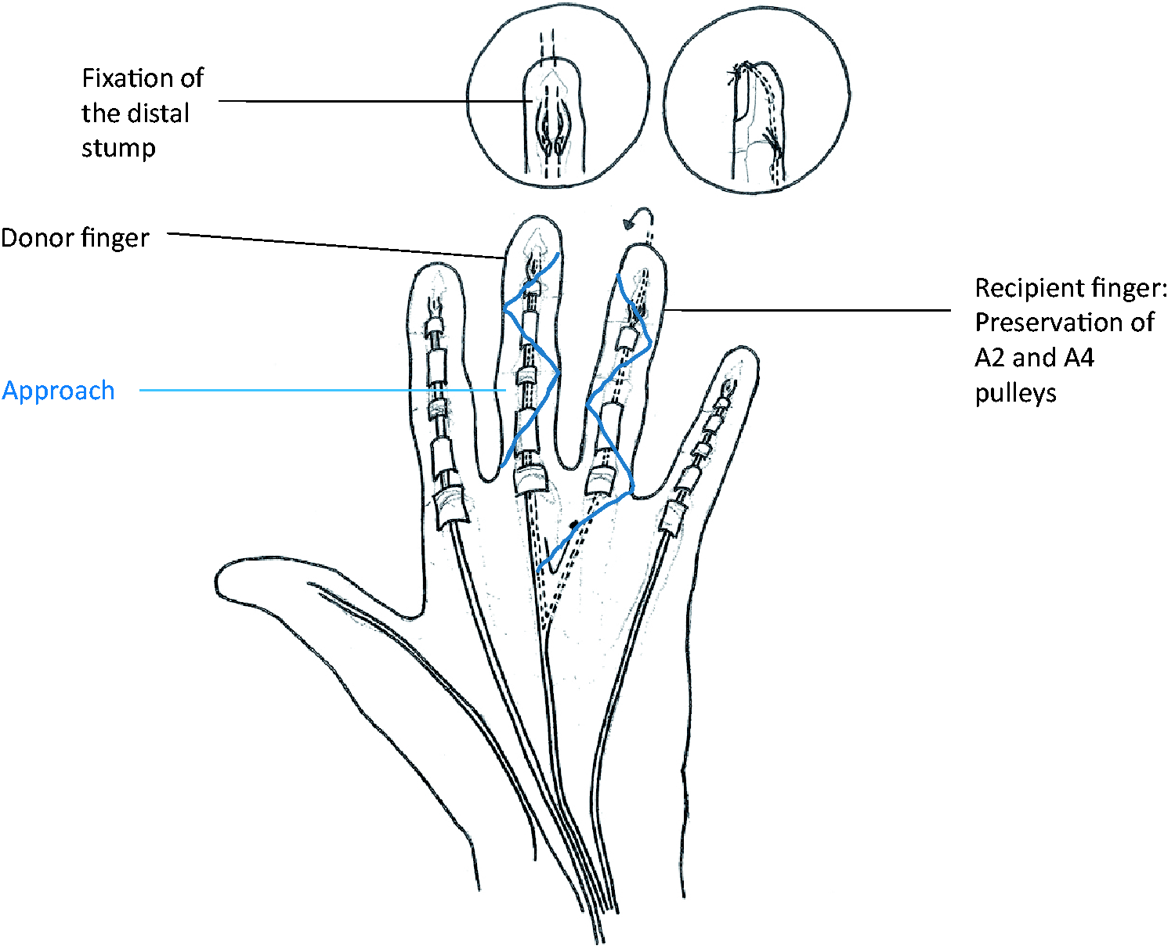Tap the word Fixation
click(143, 78)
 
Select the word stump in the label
click(118, 149)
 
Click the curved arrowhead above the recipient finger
click(629, 222)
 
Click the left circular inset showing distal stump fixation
click(558, 96)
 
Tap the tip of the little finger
click(740, 348)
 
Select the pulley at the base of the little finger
click(672, 518)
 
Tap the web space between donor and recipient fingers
click(571, 466)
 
